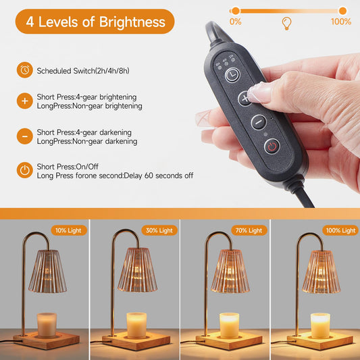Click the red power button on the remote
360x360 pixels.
coord(272,147)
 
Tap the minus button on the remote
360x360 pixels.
coord(259,122)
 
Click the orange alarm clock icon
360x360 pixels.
coord(25,70)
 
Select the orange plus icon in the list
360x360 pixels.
coord(25,101)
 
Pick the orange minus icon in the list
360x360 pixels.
coord(25,136)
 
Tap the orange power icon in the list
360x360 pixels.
coord(25,170)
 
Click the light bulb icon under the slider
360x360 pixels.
coord(286,24)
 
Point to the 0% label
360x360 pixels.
coord(235,22)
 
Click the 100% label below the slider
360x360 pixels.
coord(341,22)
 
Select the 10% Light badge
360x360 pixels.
coord(69,230)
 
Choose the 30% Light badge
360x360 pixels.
coord(159,230)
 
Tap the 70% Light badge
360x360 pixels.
coord(249,230)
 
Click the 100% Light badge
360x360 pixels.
coord(340,230)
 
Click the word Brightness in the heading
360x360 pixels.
coord(132,22)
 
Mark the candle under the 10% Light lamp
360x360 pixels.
coord(47,325)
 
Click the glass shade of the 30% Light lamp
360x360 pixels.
coord(138,270)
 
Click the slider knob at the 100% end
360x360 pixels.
coord(342,11)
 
